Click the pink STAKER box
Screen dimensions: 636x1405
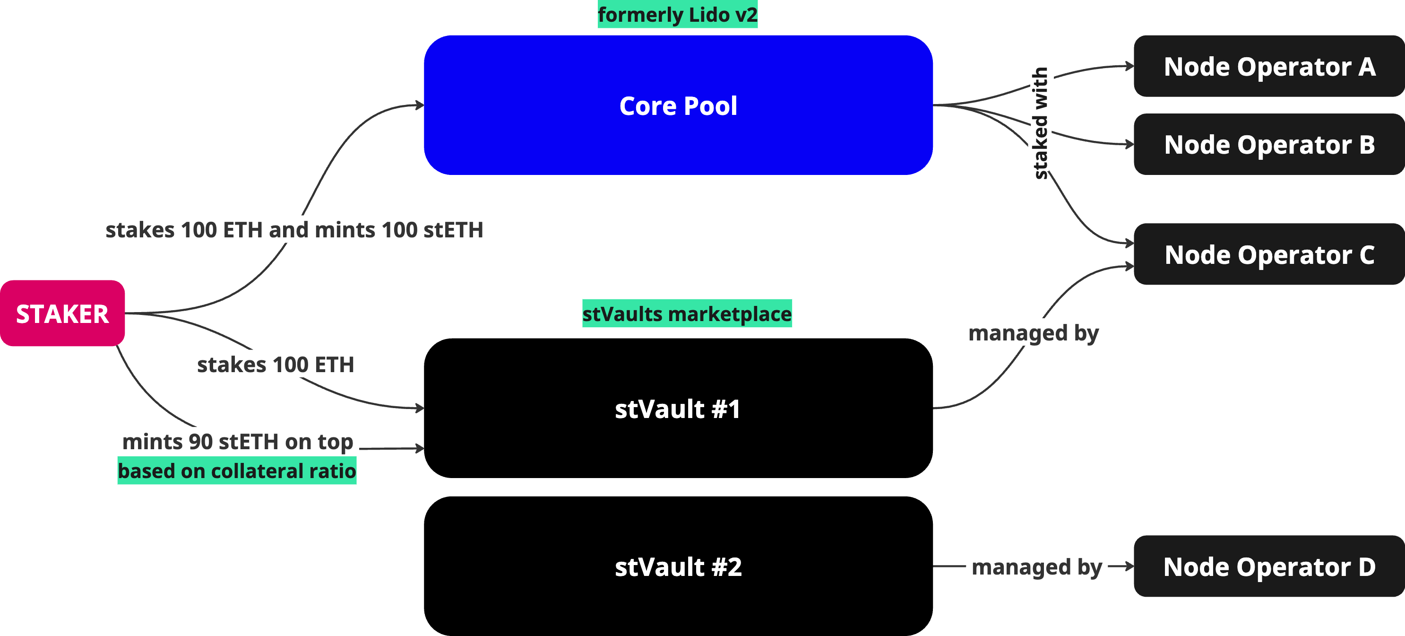[x=62, y=314]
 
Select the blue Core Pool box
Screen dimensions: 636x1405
[x=678, y=105]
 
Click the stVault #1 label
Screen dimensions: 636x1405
[x=677, y=409]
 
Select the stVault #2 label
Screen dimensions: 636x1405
[x=678, y=566]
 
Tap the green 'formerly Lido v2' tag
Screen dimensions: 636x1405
[x=677, y=15]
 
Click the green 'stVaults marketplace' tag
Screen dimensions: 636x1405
[x=687, y=314]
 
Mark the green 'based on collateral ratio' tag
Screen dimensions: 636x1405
[x=237, y=470]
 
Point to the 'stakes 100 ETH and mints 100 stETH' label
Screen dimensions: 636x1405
[x=294, y=230]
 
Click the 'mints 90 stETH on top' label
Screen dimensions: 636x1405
[x=238, y=441]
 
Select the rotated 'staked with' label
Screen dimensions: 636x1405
[x=1041, y=123]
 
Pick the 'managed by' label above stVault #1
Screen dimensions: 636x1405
[x=1033, y=332]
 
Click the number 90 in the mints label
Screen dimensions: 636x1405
[x=200, y=441]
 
